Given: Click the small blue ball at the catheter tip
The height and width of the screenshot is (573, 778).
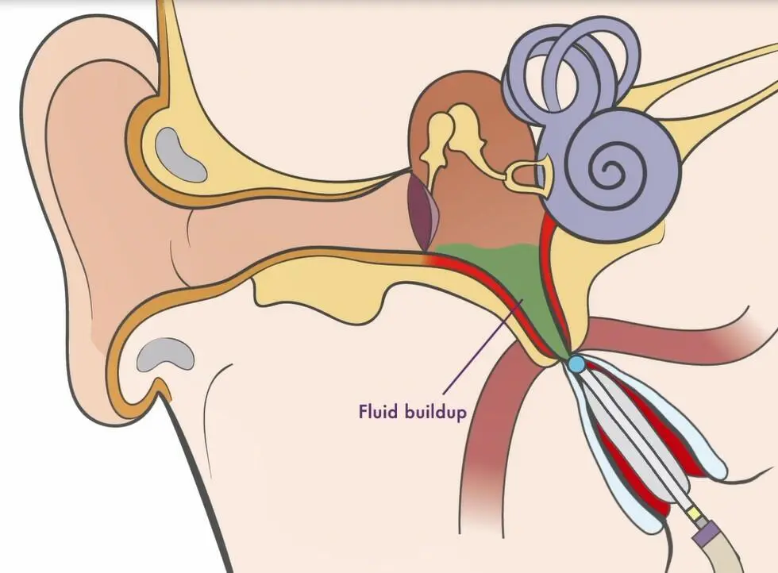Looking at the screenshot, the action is (576, 364).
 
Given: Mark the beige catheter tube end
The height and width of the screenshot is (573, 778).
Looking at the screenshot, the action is (730, 556).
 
